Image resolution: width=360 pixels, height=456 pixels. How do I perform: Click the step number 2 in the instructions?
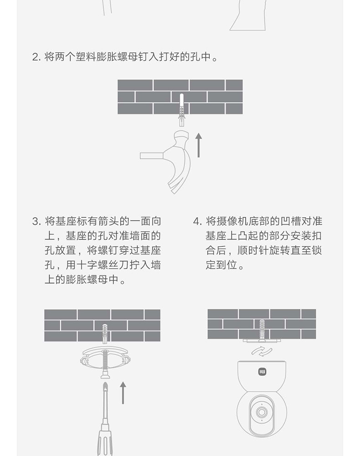tap(36, 57)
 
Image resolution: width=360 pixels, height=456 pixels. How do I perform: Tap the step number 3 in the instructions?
tap(36, 222)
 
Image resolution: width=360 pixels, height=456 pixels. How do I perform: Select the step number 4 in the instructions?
tap(197, 222)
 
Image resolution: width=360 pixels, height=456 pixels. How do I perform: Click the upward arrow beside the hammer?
tap(198, 145)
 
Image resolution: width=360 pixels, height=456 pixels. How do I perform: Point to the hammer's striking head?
tap(181, 137)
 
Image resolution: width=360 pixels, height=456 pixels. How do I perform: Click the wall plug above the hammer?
tap(182, 110)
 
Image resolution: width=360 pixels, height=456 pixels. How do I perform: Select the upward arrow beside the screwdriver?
tap(123, 393)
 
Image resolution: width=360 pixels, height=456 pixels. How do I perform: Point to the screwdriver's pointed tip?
tap(105, 384)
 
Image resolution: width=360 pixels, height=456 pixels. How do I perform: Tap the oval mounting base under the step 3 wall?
tap(105, 359)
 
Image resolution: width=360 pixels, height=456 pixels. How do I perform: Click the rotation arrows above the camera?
tap(262, 351)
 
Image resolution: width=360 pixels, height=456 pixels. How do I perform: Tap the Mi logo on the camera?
tap(262, 372)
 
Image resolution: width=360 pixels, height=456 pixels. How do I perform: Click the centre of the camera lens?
tap(262, 412)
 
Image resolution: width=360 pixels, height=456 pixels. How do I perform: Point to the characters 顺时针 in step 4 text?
tap(253, 250)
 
